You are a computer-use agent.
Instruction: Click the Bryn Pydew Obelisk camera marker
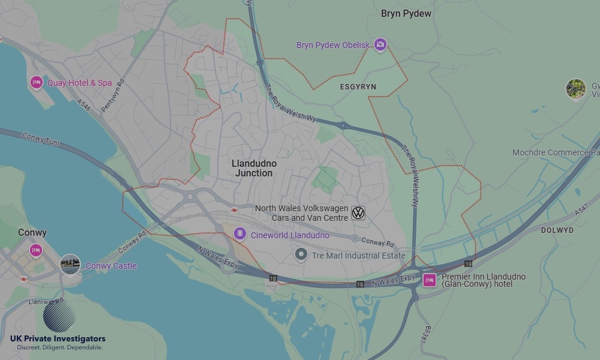tap(380, 44)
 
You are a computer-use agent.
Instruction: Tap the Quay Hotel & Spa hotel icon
tap(36, 82)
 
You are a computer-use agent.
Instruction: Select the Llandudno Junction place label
tap(254, 168)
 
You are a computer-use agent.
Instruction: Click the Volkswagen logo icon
tap(358, 213)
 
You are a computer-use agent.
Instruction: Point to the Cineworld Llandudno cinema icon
tap(240, 233)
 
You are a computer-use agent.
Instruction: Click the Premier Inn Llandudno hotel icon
tap(430, 280)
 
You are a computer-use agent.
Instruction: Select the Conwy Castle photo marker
tap(70, 265)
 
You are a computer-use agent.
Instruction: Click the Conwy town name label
tap(32, 232)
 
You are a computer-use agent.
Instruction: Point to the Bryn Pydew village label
tap(406, 13)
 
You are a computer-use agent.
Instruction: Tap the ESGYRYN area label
tap(358, 87)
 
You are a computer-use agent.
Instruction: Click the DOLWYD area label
tap(557, 230)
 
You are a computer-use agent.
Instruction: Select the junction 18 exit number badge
tap(274, 278)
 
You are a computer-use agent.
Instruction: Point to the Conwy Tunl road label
tap(42, 138)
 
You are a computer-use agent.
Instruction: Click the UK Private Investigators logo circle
tap(59, 316)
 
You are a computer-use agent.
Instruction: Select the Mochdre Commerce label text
tap(552, 152)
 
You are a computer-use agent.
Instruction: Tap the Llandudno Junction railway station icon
tap(234, 210)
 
